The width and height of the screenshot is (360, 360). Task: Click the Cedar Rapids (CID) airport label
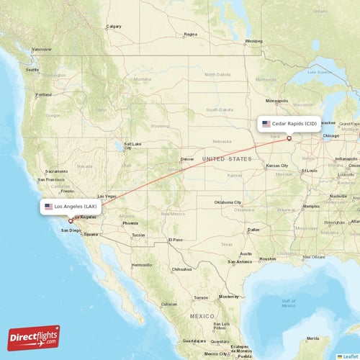[289, 123]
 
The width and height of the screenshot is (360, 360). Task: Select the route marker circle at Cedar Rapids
[289, 138]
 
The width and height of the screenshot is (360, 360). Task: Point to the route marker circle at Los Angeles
[70, 221]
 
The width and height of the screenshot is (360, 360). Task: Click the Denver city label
[187, 158]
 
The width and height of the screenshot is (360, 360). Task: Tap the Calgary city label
[114, 27]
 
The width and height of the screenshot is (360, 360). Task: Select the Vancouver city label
[42, 50]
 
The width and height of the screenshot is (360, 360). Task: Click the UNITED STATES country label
[227, 158]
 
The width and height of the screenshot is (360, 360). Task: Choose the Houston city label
[268, 258]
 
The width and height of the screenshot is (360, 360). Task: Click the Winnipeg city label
[253, 41]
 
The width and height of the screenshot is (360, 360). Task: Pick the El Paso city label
[176, 240]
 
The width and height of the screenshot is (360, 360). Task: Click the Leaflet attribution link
[350, 356]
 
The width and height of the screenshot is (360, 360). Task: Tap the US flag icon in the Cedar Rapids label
[266, 123]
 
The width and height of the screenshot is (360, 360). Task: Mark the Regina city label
[190, 34]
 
